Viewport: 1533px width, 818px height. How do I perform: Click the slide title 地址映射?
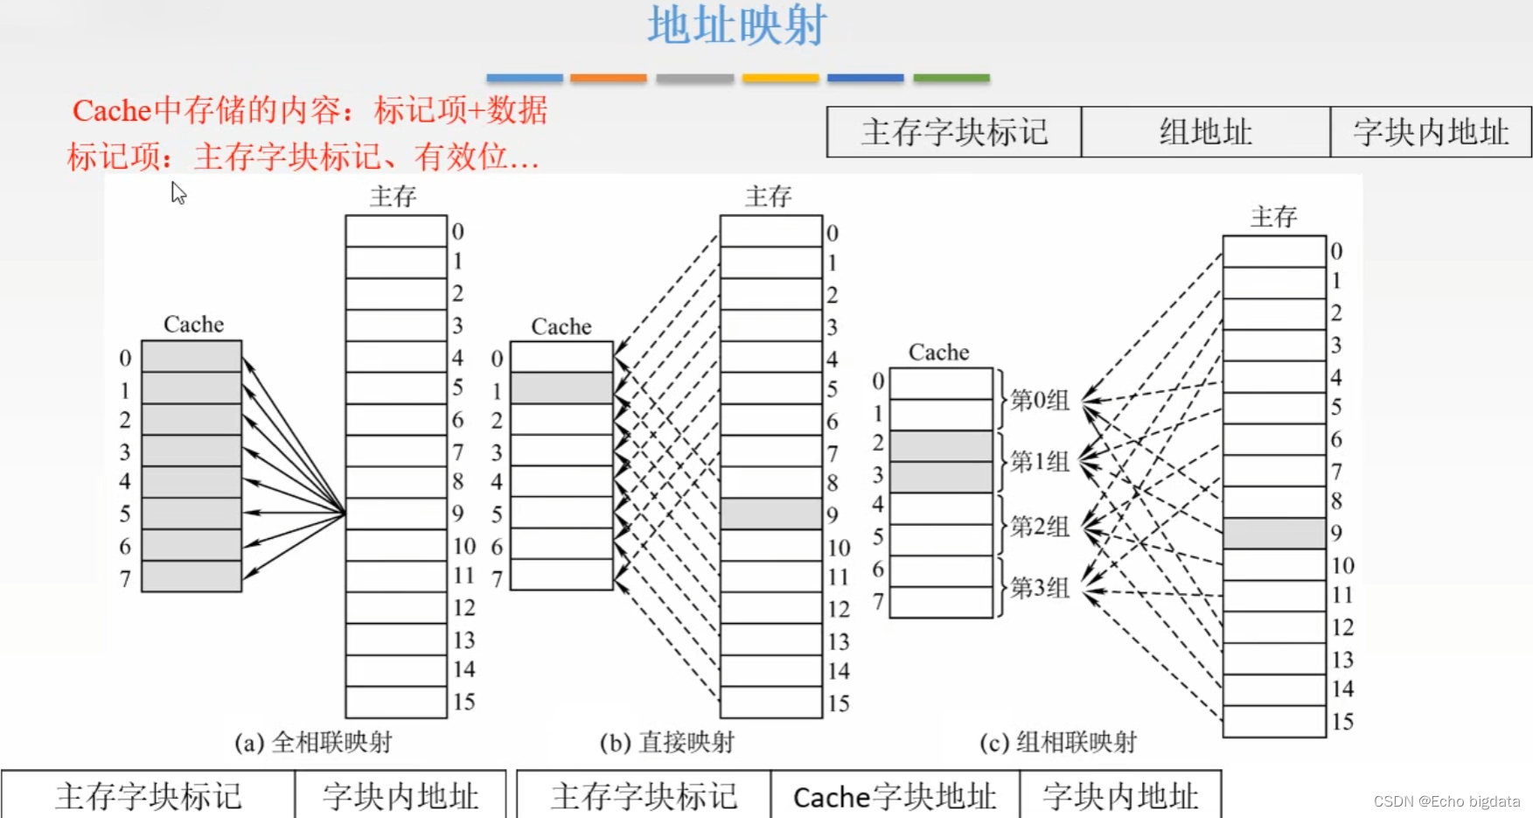click(x=736, y=26)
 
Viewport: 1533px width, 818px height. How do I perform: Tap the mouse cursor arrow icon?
click(x=178, y=192)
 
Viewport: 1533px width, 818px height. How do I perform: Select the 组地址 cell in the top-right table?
click(x=1205, y=132)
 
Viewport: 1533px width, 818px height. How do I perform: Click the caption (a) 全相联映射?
click(x=313, y=743)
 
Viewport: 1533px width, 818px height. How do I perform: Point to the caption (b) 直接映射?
click(x=666, y=743)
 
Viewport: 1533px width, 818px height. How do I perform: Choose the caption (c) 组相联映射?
click(x=1057, y=743)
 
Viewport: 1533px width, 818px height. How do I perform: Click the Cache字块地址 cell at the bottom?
click(x=895, y=796)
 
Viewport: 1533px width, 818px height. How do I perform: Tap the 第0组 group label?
click(x=1039, y=400)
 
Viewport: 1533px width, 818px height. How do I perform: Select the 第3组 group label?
click(x=1039, y=587)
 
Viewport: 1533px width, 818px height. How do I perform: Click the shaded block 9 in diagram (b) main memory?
click(x=770, y=514)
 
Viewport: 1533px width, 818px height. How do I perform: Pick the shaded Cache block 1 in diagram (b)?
click(x=561, y=388)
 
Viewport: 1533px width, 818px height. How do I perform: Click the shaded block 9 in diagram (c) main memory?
click(x=1273, y=533)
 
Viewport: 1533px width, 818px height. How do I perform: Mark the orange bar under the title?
click(x=608, y=78)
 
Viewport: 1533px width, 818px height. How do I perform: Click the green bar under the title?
click(x=951, y=78)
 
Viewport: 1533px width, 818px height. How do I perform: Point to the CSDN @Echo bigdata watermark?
click(x=1446, y=801)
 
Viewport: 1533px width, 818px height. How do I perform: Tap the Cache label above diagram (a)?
click(x=193, y=325)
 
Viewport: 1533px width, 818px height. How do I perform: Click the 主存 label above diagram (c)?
click(x=1273, y=217)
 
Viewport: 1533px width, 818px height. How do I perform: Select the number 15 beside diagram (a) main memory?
click(x=463, y=702)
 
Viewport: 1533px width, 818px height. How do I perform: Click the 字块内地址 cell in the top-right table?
click(x=1431, y=132)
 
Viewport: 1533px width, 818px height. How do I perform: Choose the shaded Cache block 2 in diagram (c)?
click(x=941, y=445)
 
